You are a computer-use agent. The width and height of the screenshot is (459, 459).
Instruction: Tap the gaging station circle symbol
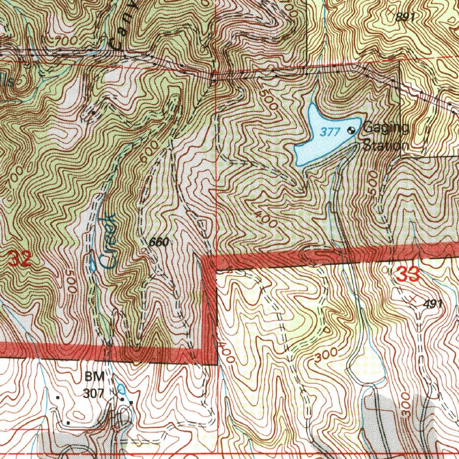pos(352,131)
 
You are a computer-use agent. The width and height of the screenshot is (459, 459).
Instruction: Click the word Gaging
pos(386,128)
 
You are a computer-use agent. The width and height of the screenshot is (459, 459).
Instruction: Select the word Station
pos(385,146)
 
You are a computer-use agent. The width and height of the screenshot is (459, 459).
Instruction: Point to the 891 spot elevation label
pos(405,17)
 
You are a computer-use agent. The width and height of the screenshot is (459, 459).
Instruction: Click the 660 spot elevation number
pos(159,242)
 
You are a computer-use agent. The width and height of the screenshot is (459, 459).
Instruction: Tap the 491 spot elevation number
pos(433,304)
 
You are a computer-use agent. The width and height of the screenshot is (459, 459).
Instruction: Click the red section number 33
pos(408,274)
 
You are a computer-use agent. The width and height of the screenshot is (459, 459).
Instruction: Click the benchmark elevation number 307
pos(93,394)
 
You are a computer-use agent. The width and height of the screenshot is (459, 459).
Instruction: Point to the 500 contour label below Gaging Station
pos(372,183)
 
